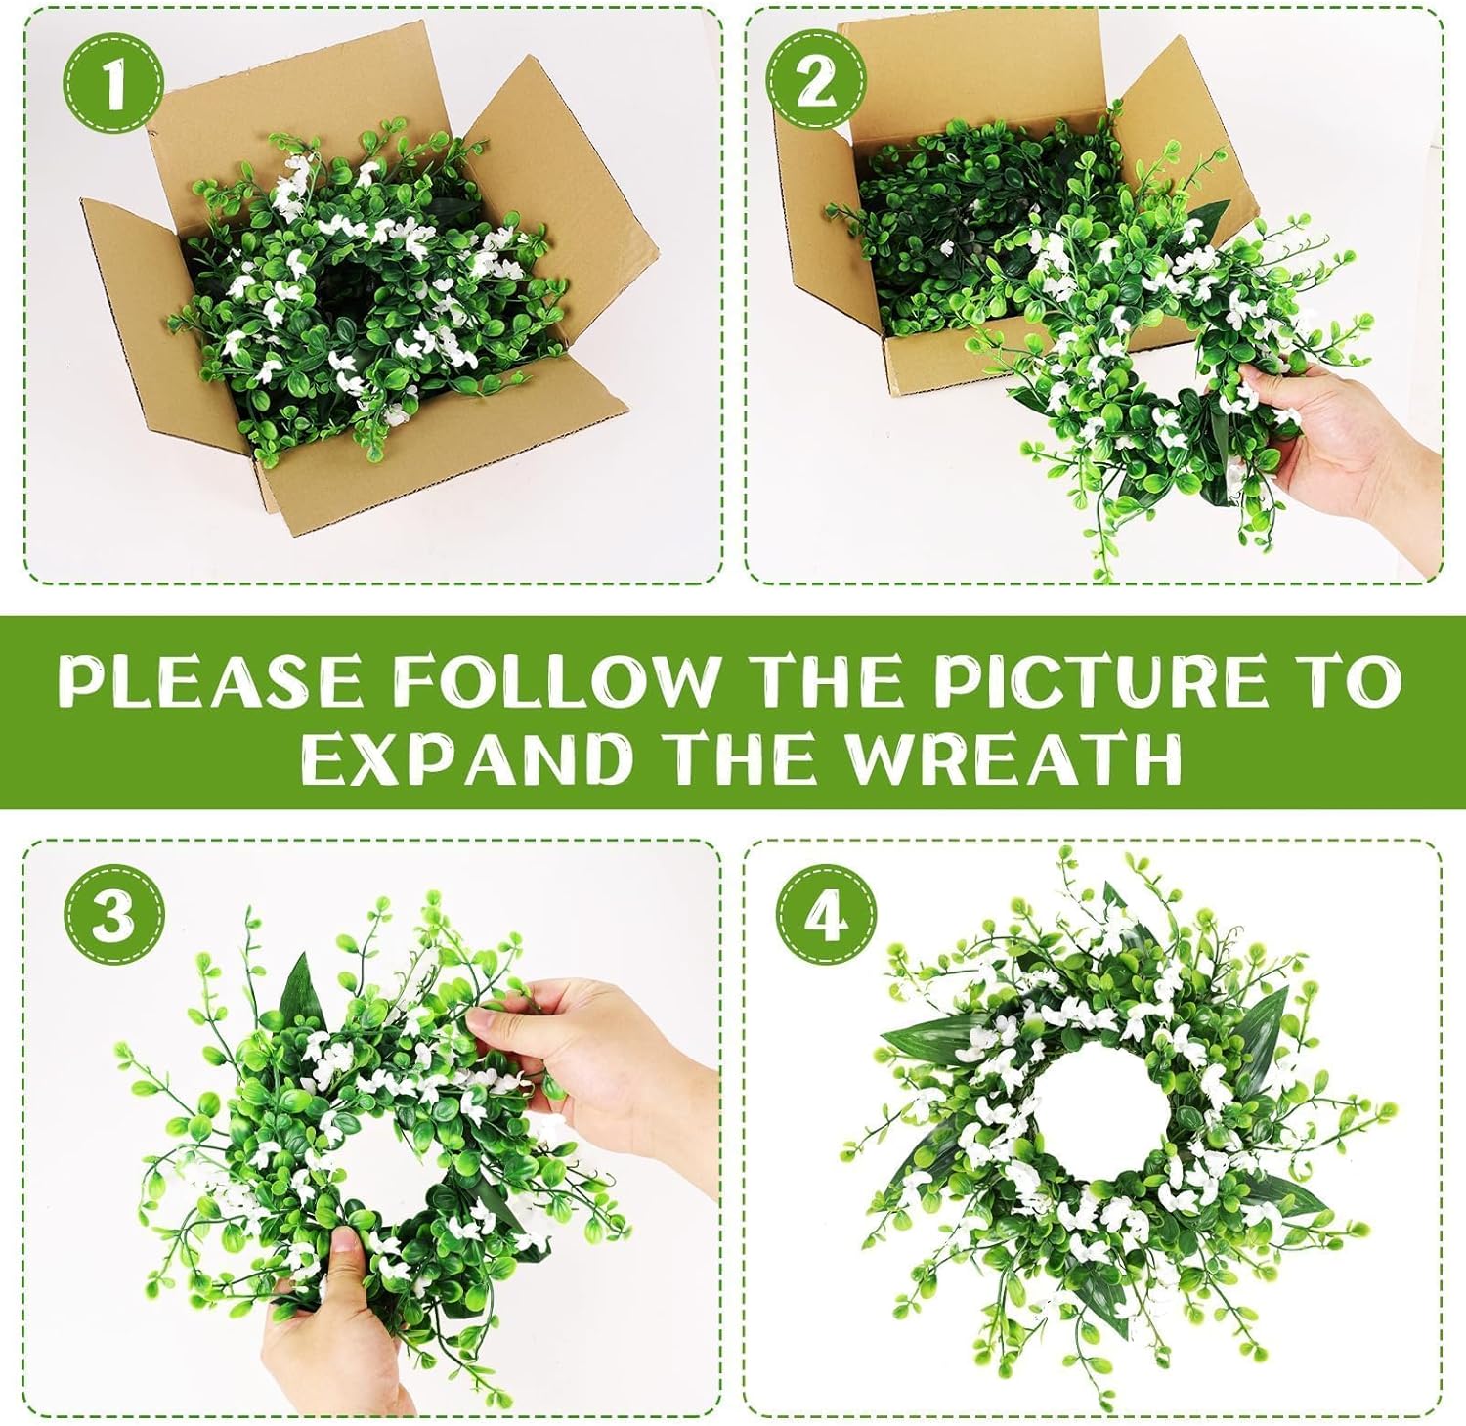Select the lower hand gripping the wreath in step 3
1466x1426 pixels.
332,1319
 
